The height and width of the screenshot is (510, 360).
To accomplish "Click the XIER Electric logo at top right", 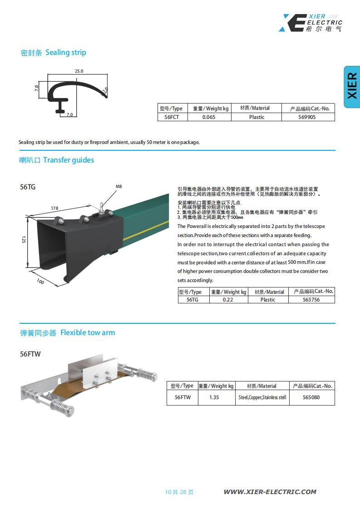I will [311, 23].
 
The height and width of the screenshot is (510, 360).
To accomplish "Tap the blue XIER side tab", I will [352, 87].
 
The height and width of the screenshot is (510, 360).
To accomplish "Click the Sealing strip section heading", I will [54, 53].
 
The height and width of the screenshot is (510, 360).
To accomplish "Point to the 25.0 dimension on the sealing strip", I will [79, 71].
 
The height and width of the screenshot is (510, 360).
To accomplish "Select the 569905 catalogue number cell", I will [308, 117].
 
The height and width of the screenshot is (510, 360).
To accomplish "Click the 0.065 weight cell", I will [208, 117].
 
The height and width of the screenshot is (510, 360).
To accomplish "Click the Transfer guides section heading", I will [57, 160].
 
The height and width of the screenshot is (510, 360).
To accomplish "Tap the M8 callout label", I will [119, 187].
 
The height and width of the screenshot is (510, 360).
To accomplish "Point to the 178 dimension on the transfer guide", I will [54, 208].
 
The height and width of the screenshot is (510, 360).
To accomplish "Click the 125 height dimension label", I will [23, 240].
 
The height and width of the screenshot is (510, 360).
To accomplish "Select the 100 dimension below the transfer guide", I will [40, 282].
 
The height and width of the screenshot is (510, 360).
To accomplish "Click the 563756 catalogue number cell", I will [311, 300].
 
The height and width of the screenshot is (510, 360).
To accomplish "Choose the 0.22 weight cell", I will [228, 300].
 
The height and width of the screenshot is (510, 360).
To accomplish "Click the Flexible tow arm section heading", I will [68, 333].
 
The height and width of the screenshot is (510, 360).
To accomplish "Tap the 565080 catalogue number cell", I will [311, 397].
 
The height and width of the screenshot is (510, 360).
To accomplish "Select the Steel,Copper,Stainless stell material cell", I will [262, 397].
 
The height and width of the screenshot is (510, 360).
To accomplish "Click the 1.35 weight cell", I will [214, 397].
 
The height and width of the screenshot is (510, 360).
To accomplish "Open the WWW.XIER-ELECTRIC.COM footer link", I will [270, 492].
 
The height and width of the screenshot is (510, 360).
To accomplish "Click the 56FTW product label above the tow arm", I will [30, 354].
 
